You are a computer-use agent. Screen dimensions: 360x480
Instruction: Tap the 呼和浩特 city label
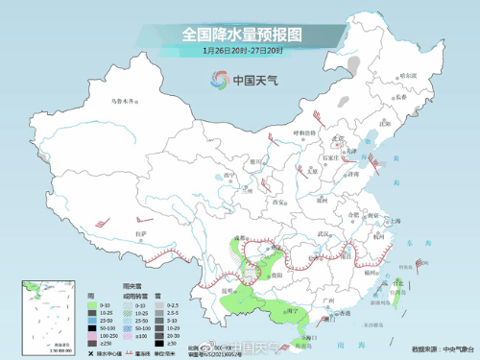coord(302,133)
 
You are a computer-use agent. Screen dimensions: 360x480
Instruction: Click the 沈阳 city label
coord(386,123)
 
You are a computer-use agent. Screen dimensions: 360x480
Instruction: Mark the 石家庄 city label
coord(331,157)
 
